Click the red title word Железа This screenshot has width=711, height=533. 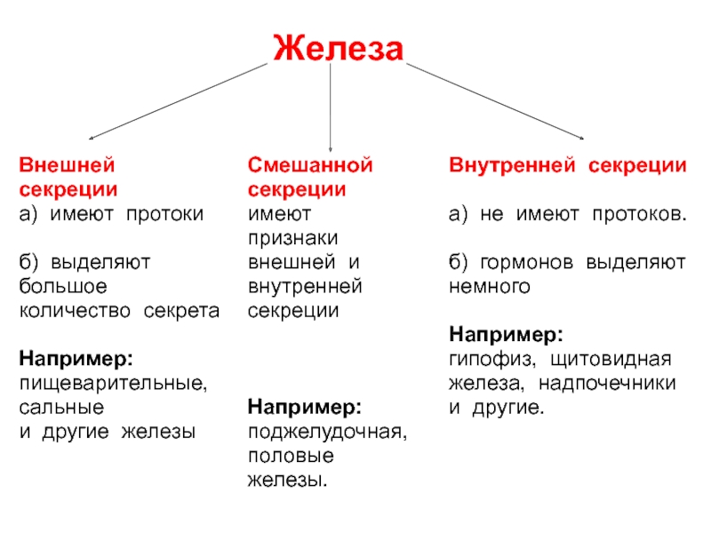tap(339, 48)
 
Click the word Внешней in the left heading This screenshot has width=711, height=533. tap(67, 165)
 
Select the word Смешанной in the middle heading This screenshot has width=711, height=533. tap(310, 165)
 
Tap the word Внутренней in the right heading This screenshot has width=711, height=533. tap(512, 166)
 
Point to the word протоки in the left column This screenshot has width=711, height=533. tap(165, 215)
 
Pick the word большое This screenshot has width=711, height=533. tap(63, 286)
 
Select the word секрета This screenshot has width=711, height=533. tap(181, 312)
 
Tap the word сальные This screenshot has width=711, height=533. tap(61, 408)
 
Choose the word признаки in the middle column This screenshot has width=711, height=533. tap(293, 238)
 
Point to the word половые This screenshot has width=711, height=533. tap(292, 456)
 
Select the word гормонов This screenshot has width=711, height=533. tap(526, 263)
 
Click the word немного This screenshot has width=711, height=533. tap(490, 287)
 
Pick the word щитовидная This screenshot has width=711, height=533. tap(611, 360)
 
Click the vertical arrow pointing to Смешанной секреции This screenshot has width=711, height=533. tap(330, 107)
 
